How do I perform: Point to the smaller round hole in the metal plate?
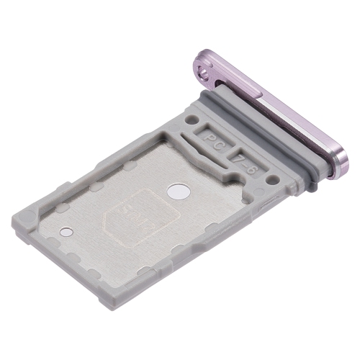[64, 233]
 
